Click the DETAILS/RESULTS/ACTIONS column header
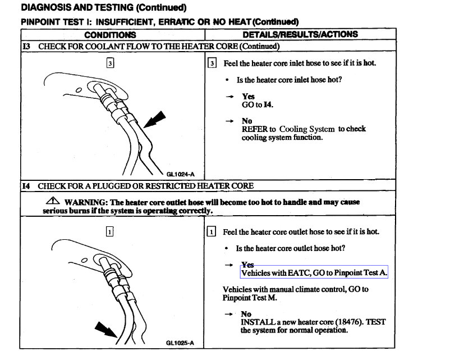pos(300,35)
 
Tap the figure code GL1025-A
pos(180,342)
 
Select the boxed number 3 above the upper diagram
pos(110,63)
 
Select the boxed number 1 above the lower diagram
pos(110,231)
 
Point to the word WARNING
pos(85,202)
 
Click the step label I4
pos(26,185)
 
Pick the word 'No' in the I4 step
pos(246,314)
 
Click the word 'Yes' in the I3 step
pos(248,97)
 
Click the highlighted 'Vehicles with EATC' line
pos(314,273)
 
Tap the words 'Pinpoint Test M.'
pos(250,298)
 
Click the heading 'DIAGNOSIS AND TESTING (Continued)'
pos(103,8)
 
